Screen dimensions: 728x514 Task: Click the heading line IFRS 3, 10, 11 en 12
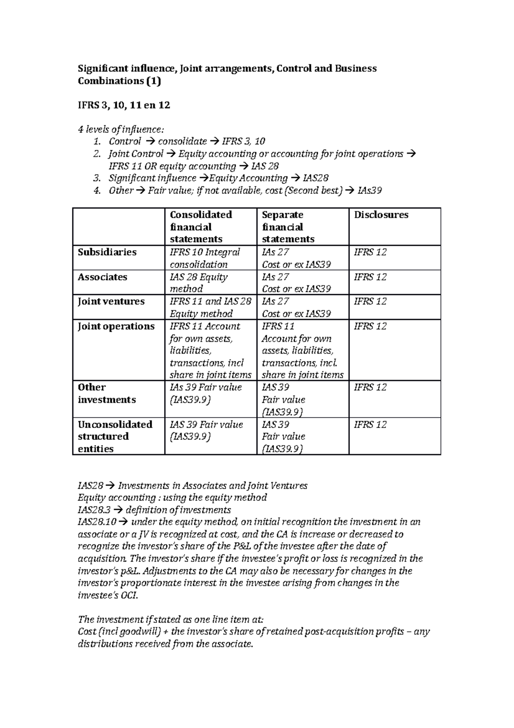(124, 105)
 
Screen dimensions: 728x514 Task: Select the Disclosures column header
(381, 215)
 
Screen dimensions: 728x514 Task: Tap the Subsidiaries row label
(107, 252)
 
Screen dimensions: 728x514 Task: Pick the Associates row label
(102, 277)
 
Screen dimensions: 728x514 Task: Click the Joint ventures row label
(111, 301)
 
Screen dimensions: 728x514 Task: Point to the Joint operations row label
(116, 326)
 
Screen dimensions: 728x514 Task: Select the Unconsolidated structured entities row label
(115, 436)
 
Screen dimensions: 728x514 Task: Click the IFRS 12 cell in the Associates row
(370, 277)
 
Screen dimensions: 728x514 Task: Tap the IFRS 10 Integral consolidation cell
(205, 258)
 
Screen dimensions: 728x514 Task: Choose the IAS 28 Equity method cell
(199, 283)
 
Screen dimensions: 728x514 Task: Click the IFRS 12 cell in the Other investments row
(370, 388)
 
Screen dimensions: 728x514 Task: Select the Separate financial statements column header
(288, 227)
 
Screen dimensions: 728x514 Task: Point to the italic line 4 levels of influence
(121, 129)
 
